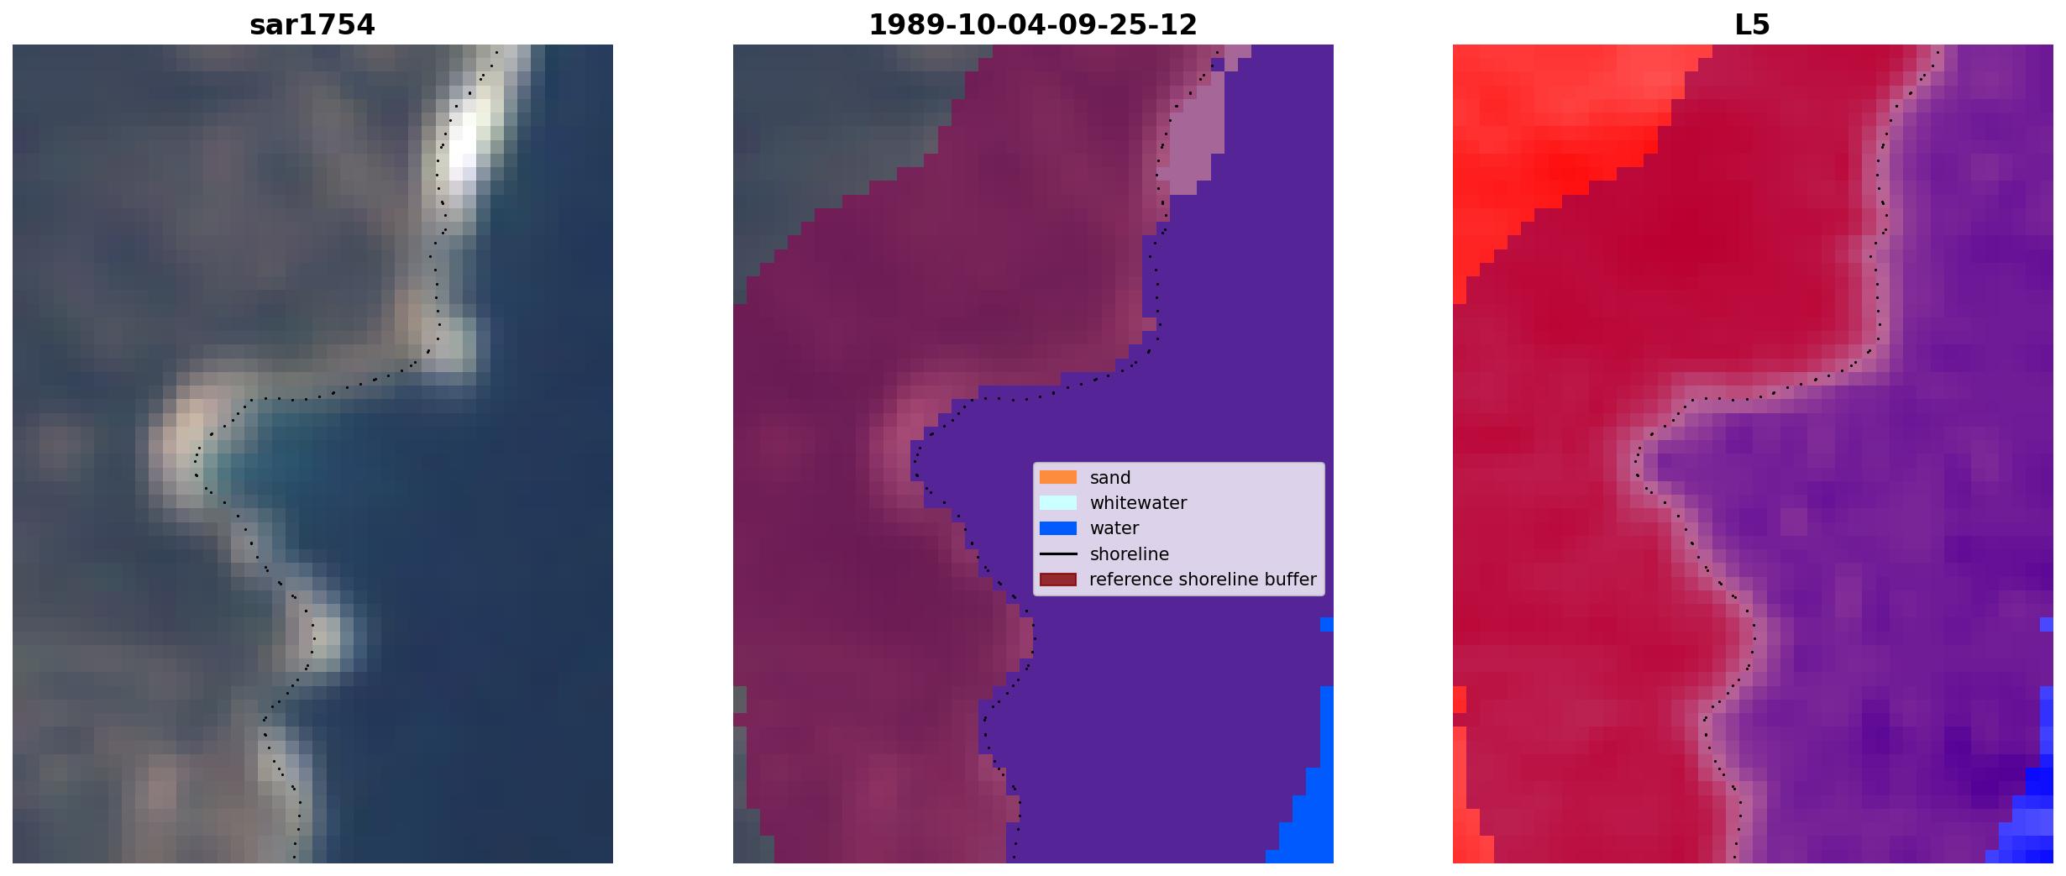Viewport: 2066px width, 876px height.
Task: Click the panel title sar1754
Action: coord(312,25)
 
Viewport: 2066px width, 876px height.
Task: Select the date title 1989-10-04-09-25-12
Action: coord(1032,25)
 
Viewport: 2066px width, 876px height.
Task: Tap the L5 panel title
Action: coord(1752,25)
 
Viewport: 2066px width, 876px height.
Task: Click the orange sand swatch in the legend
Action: coord(1057,477)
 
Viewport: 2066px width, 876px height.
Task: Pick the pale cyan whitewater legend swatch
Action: coord(1057,502)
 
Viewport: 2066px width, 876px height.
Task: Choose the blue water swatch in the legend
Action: coord(1057,528)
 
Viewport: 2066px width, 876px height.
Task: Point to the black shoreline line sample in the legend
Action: coord(1057,553)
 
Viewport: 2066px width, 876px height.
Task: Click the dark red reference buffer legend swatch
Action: coord(1057,580)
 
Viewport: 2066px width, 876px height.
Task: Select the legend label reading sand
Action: coord(1110,478)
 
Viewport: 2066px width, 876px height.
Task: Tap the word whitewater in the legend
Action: coord(1138,503)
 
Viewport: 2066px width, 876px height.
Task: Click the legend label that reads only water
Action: coord(1114,528)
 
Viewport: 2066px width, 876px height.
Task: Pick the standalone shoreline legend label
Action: coord(1129,554)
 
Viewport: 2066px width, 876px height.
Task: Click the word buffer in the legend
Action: coord(1289,580)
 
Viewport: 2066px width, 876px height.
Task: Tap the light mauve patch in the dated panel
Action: coord(1193,134)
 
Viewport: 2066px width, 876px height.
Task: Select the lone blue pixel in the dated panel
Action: coord(1327,624)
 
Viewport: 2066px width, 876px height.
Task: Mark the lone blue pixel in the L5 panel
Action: coord(2047,624)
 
